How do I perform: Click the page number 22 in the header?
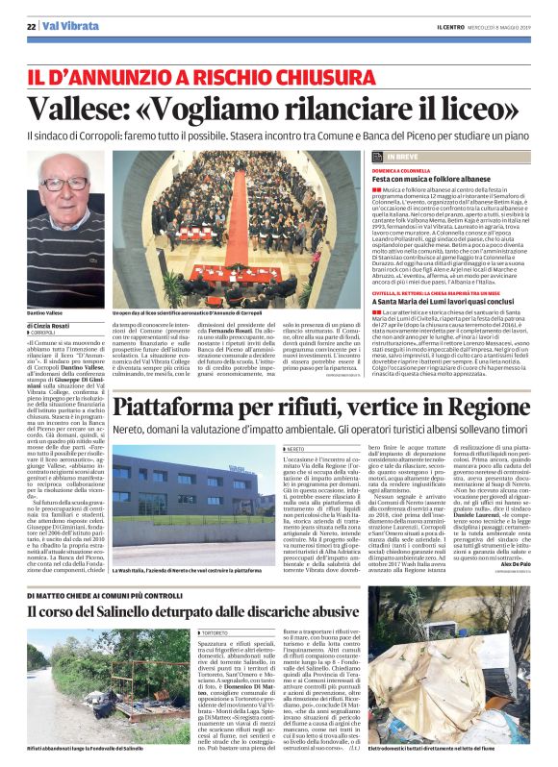[x=30, y=27]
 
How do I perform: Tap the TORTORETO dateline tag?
[x=215, y=607]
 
